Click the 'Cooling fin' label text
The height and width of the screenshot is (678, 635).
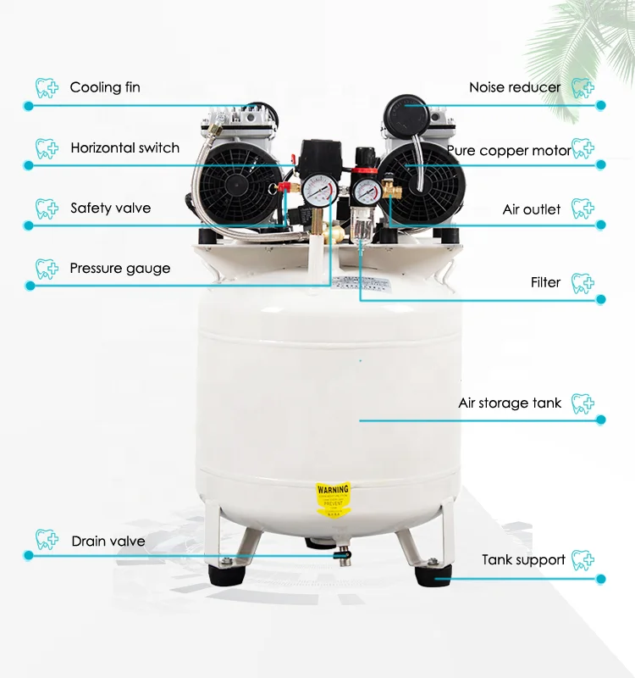point(105,87)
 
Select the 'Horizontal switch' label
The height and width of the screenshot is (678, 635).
point(124,148)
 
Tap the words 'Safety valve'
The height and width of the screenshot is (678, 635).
point(110,208)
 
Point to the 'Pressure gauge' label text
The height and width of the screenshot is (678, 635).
point(119,269)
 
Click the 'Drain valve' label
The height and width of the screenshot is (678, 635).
point(108,542)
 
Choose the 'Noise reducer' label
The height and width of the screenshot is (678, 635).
point(515,87)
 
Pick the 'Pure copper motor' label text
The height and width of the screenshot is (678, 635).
point(509,151)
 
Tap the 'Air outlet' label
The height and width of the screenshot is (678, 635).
point(531,209)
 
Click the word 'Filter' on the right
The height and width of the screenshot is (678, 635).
point(545,282)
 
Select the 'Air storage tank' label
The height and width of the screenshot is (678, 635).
point(510,403)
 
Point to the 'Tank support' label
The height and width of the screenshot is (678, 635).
point(523,560)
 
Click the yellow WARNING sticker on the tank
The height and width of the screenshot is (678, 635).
point(332,500)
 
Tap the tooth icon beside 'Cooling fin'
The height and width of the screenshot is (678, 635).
point(46,87)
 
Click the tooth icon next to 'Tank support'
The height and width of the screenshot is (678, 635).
point(583,559)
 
